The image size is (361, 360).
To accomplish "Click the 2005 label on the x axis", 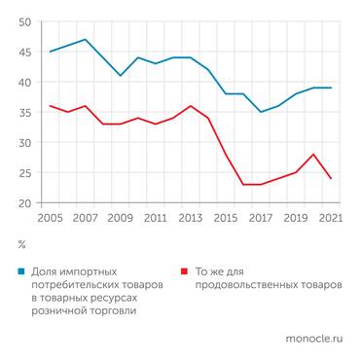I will click(x=50, y=219).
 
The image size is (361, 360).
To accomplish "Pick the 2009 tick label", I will click(x=121, y=219).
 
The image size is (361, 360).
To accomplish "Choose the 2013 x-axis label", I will click(x=192, y=219).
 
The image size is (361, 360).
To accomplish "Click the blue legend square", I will click(x=22, y=272).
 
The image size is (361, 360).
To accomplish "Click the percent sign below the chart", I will click(x=21, y=245).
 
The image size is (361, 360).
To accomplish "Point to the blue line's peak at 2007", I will click(x=86, y=40).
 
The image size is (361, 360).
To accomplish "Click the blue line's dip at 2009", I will click(x=121, y=76).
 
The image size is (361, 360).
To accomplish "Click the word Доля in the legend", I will click(x=46, y=272).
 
